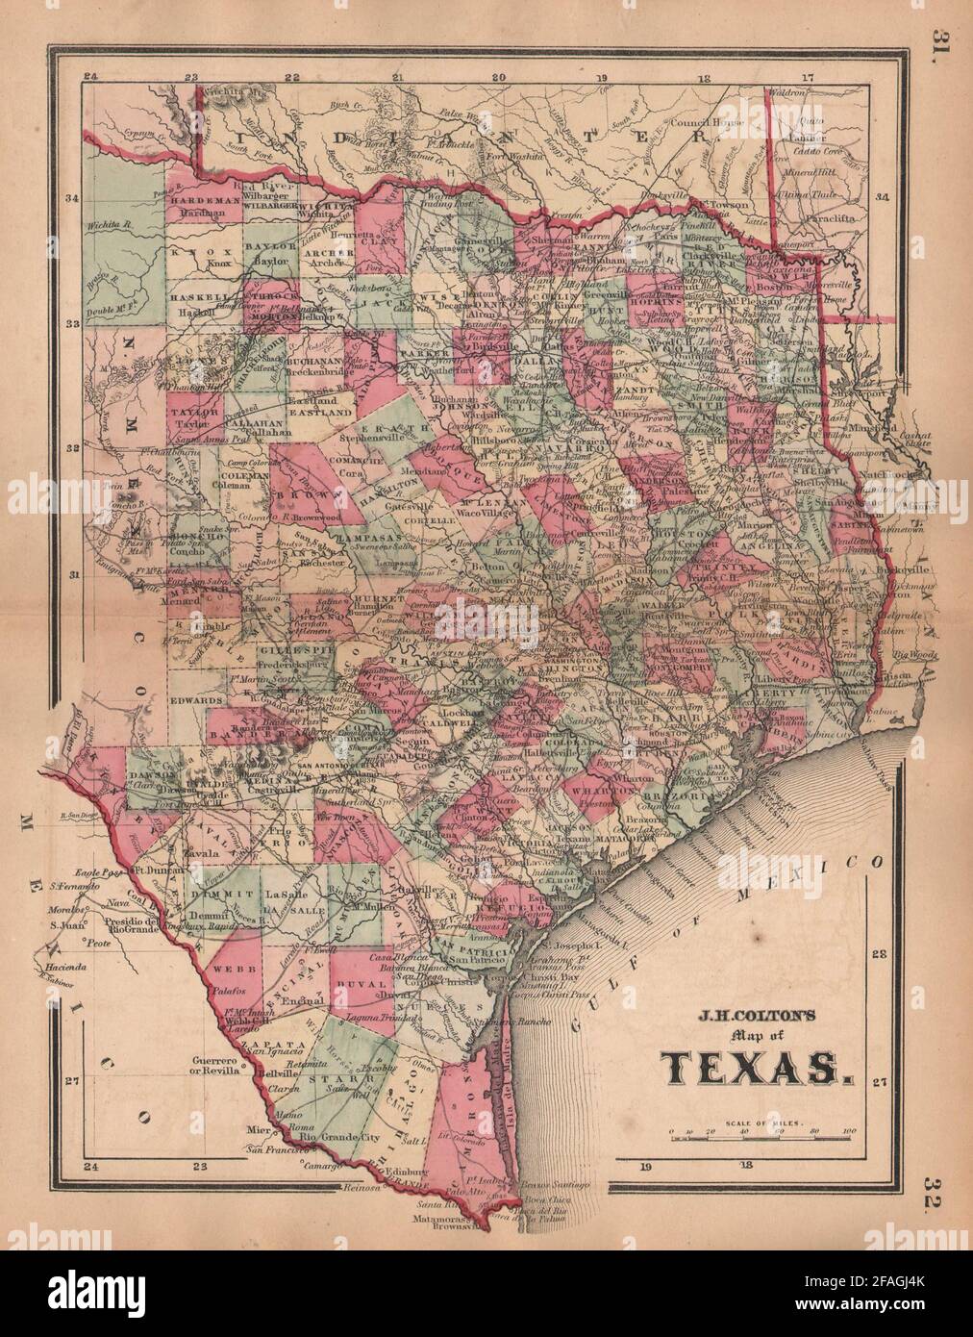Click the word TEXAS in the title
753,1067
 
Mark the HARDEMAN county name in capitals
197,202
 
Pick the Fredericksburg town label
214,666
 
